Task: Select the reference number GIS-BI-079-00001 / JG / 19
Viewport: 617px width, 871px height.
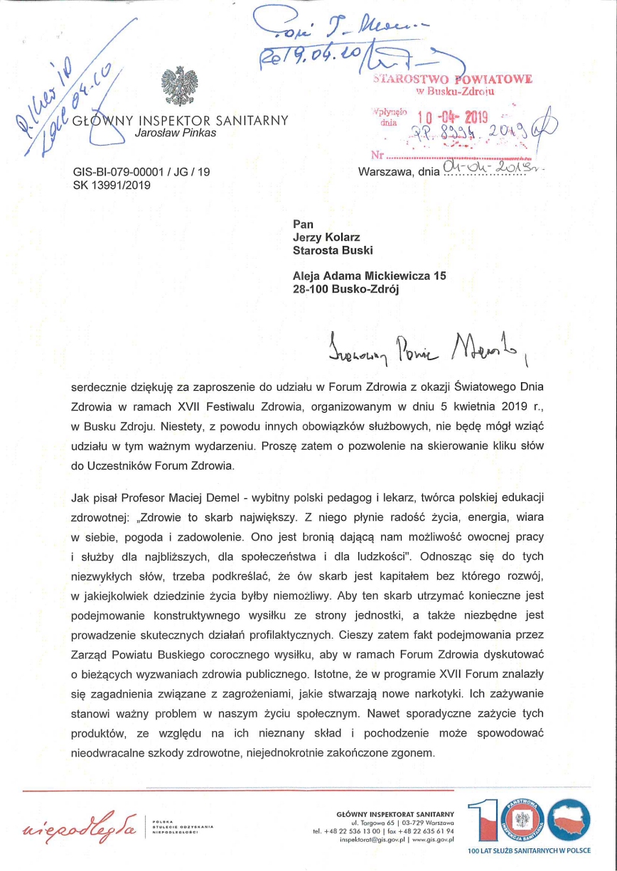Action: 141,172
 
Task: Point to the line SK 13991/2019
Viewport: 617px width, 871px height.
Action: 112,186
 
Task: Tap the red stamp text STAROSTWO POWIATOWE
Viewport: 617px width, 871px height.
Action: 453,79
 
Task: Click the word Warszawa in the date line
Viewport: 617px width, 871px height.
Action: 384,171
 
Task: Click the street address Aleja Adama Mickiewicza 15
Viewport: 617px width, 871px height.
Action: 370,276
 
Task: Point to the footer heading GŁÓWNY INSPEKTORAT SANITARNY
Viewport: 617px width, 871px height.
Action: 395,813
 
